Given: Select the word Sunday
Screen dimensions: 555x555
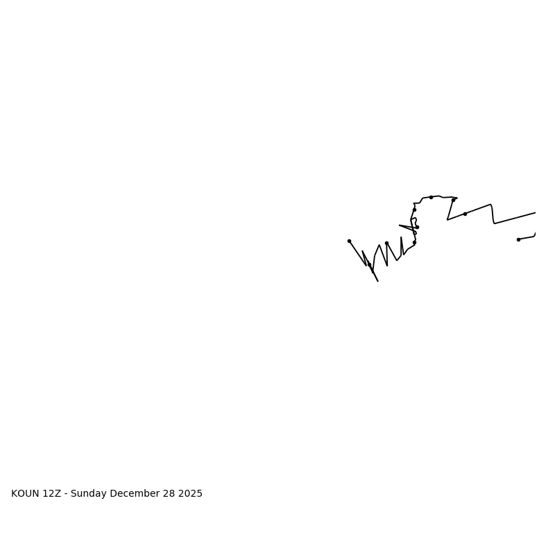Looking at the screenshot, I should point(89,494).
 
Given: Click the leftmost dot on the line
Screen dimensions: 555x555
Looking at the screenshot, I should point(349,241).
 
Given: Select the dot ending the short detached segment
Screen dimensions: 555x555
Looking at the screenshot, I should point(518,239).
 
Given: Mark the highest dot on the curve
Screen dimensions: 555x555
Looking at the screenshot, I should point(431,197).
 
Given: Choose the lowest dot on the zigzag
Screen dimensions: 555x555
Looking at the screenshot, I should point(370,264).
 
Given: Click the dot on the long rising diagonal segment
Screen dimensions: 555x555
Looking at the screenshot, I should point(465,214).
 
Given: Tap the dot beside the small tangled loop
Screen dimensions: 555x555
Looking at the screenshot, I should point(417,227).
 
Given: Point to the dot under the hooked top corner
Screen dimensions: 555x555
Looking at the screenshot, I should point(414,210).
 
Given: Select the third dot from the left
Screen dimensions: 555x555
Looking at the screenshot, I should point(386,243).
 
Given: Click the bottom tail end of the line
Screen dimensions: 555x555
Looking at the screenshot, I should point(378,281).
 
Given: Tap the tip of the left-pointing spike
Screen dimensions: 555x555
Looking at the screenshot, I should point(399,225).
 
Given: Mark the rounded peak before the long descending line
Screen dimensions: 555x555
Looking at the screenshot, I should point(490,205).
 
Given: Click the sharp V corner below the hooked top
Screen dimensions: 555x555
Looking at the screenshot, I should point(447,220).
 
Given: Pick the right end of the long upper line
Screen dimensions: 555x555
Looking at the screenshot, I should point(536,212).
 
